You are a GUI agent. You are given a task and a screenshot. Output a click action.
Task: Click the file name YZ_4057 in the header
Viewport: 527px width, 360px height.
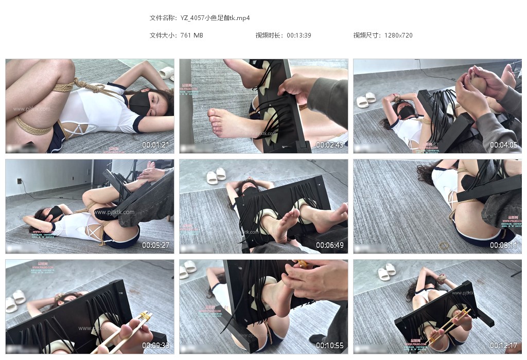pyautogui.click(x=215, y=17)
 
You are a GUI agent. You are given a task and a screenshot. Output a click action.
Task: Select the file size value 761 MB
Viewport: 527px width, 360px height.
pyautogui.click(x=192, y=35)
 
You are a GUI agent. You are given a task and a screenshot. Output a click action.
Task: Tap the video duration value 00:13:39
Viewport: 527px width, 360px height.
pyautogui.click(x=299, y=35)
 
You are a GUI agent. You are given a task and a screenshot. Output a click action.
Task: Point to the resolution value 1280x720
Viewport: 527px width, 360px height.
pyautogui.click(x=398, y=35)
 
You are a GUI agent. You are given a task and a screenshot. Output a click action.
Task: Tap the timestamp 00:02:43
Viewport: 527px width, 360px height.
pyautogui.click(x=330, y=145)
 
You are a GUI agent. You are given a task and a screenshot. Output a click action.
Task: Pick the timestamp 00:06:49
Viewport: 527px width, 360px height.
pyautogui.click(x=330, y=245)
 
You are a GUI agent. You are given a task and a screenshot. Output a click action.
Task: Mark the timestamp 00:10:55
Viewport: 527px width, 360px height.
pyautogui.click(x=330, y=346)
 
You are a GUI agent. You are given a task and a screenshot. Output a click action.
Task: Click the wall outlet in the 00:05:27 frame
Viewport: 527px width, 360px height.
pyautogui.click(x=20, y=181)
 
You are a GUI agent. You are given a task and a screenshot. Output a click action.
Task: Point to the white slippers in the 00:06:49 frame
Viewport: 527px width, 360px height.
pyautogui.click(x=216, y=176)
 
